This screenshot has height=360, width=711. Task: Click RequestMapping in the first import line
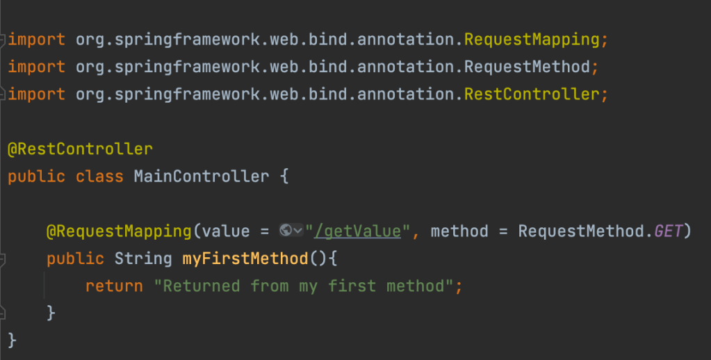(532, 40)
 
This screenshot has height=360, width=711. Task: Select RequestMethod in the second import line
(527, 67)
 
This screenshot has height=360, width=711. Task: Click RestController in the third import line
(532, 95)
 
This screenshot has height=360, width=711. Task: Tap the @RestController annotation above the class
(80, 149)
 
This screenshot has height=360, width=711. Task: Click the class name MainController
(202, 177)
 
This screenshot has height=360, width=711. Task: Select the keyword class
(99, 177)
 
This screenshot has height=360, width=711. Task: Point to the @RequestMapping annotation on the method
(119, 231)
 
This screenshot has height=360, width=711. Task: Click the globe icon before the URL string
(286, 230)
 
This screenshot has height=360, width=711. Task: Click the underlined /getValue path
(358, 231)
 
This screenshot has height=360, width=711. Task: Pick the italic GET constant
(669, 231)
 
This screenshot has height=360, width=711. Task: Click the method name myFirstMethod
(245, 259)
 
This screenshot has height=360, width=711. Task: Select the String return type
(143, 259)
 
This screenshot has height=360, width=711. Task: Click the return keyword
(114, 286)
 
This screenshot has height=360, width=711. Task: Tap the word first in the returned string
(352, 286)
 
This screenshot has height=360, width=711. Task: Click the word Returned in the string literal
(202, 286)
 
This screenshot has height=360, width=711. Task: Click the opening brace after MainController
(284, 177)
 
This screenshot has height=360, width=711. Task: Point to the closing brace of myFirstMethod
(51, 313)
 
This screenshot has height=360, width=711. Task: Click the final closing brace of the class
(13, 340)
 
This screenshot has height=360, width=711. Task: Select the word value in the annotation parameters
(225, 231)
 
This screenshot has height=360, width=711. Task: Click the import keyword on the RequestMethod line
(36, 67)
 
